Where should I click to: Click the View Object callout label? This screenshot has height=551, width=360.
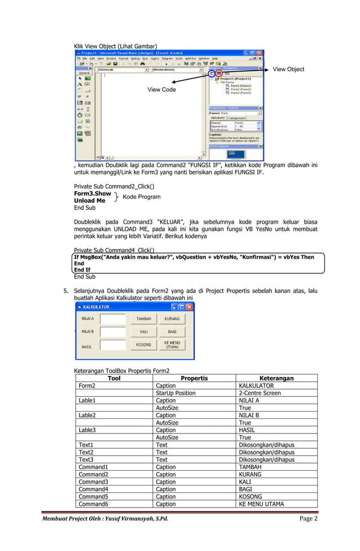click(288, 69)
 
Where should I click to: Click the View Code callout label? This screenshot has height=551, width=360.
click(161, 90)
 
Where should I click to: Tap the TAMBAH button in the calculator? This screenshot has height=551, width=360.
click(143, 319)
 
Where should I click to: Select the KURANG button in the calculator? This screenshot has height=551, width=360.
click(172, 319)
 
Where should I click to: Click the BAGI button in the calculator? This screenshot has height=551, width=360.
click(172, 332)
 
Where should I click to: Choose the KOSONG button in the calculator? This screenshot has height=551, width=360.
click(143, 344)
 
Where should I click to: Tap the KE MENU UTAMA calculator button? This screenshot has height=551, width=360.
click(172, 344)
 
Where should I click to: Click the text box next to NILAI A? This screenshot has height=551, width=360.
click(113, 319)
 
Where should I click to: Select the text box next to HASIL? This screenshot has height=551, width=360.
click(113, 345)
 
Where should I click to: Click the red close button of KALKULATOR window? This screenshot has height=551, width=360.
click(190, 307)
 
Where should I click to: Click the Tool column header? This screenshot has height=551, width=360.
click(113, 378)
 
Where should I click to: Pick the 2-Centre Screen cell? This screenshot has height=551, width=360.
click(260, 393)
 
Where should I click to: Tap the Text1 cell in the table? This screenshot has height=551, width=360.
click(86, 445)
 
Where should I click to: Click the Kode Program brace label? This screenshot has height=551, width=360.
click(141, 197)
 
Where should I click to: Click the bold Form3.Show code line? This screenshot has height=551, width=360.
click(93, 193)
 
